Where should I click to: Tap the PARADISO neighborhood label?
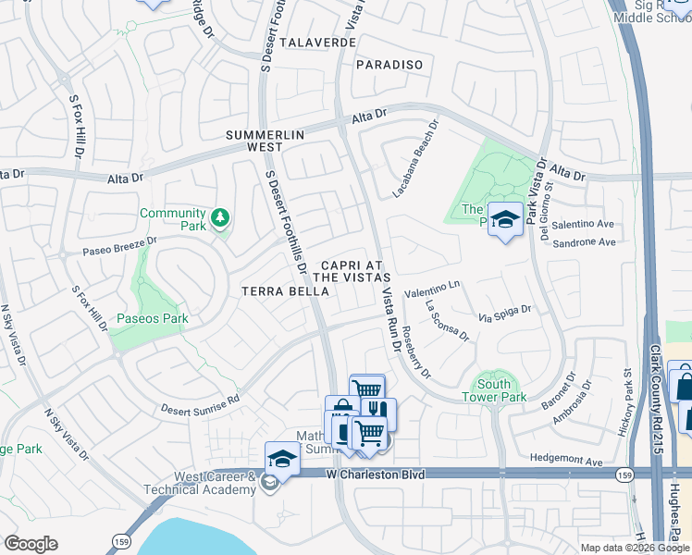click(x=389, y=65)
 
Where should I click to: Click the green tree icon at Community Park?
click(x=220, y=217)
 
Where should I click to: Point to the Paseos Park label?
click(x=152, y=318)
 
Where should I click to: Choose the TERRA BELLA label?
click(x=285, y=291)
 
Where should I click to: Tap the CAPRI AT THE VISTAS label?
click(x=352, y=269)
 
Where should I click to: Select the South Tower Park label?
click(x=494, y=390)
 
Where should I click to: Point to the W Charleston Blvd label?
click(x=376, y=474)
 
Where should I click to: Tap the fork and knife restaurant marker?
click(x=380, y=411)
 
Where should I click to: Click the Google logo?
click(x=31, y=544)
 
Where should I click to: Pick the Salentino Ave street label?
click(x=585, y=224)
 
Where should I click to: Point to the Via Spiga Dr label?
click(x=505, y=314)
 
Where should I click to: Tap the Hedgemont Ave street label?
click(x=568, y=459)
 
